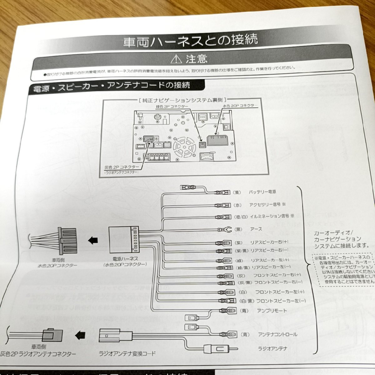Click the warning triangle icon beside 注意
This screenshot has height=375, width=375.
point(177,58)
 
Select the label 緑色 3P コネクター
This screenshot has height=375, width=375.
point(172,107)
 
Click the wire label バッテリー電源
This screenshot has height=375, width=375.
point(262,192)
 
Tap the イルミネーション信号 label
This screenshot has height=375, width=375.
point(270,216)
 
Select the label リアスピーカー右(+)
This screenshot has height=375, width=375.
point(269,242)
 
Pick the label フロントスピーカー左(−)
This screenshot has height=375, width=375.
point(281,301)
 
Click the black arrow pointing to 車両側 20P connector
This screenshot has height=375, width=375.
point(92,241)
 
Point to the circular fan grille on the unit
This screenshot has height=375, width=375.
point(184,148)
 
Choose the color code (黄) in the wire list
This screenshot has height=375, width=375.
point(237,192)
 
